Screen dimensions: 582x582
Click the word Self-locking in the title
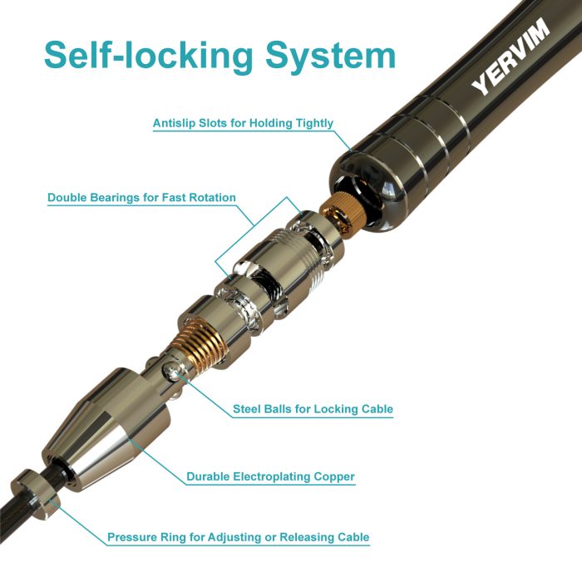[x=148, y=56]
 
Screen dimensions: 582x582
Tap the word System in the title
[x=330, y=57]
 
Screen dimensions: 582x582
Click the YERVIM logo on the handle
[x=510, y=56]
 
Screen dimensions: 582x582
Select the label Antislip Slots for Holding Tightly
[x=243, y=123]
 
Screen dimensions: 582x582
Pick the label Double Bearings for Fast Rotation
[x=142, y=198]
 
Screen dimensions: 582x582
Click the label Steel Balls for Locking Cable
[x=313, y=409]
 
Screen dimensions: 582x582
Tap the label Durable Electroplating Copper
[x=270, y=476]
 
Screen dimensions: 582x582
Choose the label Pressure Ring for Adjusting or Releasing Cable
[x=239, y=537]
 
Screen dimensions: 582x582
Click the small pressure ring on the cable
[x=35, y=494]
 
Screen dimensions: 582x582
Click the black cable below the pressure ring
[x=10, y=512]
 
